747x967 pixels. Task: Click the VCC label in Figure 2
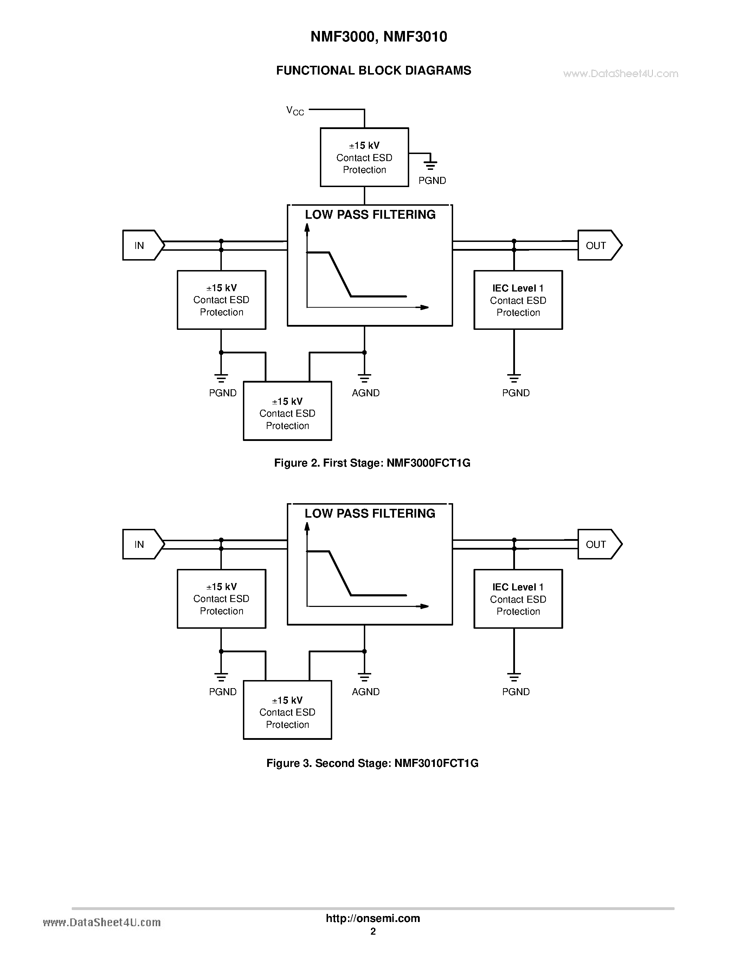(295, 111)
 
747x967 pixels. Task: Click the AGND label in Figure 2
(366, 393)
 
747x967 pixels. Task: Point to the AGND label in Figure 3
(366, 692)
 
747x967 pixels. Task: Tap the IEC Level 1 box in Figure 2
(518, 300)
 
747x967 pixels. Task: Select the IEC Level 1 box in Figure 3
(518, 599)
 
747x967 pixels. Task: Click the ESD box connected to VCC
(364, 158)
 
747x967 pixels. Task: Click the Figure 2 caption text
(372, 463)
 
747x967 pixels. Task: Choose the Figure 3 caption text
(372, 763)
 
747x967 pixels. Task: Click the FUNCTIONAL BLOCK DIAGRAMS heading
(373, 71)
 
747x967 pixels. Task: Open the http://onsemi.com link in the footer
(373, 918)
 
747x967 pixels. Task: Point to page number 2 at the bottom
(373, 931)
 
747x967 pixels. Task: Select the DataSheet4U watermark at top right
(620, 74)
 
